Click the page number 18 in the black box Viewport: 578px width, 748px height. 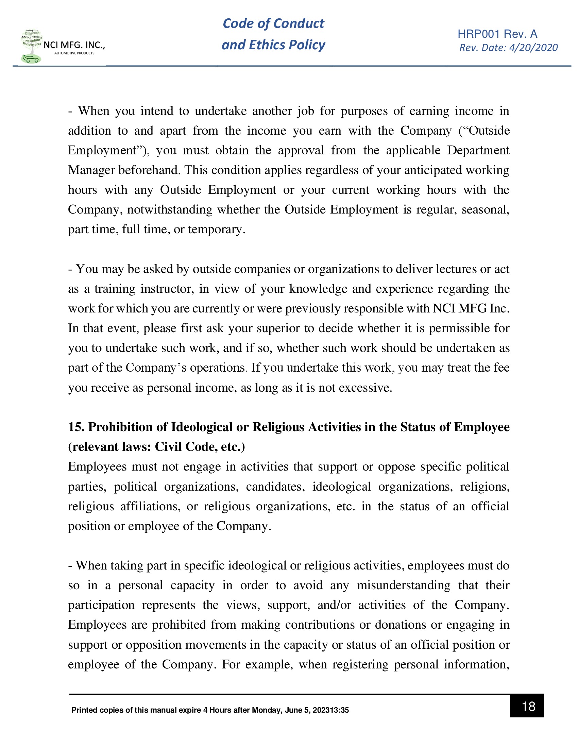tap(528, 706)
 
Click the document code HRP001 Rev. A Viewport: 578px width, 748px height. tap(497, 34)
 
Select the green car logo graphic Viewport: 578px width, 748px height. tap(31, 58)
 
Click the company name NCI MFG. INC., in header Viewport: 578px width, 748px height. tap(74, 45)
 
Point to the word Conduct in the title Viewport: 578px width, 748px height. tap(299, 23)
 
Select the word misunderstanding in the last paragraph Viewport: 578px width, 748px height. tap(403, 585)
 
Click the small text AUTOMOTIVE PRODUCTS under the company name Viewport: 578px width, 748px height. tap(74, 53)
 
